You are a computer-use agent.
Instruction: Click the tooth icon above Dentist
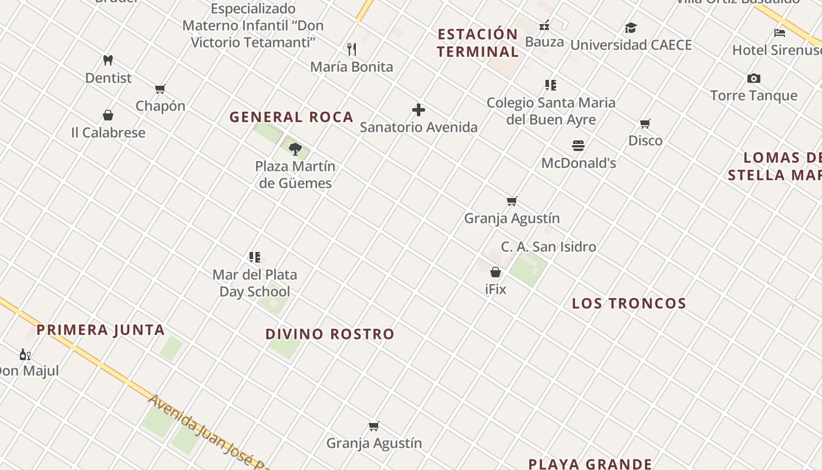click(x=108, y=60)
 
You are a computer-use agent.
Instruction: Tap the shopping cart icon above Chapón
click(x=160, y=89)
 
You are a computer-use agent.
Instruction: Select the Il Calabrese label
click(x=108, y=133)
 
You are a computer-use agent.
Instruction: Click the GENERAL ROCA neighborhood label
click(x=291, y=117)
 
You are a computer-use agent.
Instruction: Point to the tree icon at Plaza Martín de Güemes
click(x=295, y=149)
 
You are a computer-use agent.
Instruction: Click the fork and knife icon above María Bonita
click(x=352, y=49)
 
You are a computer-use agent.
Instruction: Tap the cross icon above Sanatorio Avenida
click(x=419, y=110)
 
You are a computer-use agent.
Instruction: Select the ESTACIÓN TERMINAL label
click(x=478, y=43)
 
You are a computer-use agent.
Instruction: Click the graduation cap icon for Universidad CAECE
click(x=631, y=28)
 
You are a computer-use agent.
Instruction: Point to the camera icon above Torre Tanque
click(x=754, y=78)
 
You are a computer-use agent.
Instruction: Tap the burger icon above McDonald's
click(x=578, y=145)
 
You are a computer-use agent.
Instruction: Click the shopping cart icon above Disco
click(x=645, y=123)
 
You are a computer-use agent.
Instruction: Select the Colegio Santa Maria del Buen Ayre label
click(x=551, y=111)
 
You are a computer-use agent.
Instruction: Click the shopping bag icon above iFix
click(x=496, y=272)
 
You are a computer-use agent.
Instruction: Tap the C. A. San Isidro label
click(x=548, y=247)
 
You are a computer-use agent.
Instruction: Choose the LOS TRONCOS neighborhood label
click(x=629, y=304)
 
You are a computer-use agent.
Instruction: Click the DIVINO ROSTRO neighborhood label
click(x=330, y=334)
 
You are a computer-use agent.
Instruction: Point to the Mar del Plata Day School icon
click(x=255, y=257)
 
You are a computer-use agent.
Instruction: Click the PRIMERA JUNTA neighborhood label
click(x=100, y=330)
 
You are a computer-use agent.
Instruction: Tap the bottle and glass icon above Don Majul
click(x=25, y=354)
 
